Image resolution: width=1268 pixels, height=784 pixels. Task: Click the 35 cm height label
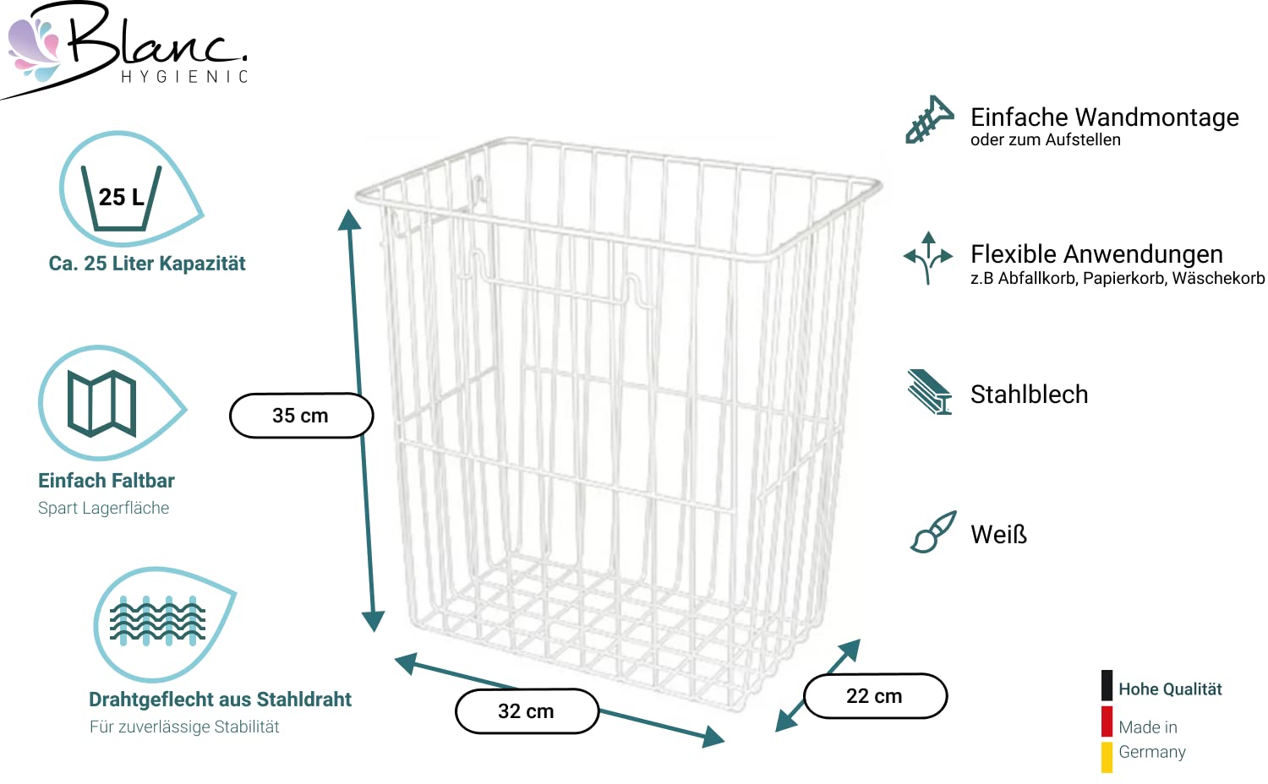[x=301, y=416]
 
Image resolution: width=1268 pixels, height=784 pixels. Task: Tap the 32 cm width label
[x=527, y=711]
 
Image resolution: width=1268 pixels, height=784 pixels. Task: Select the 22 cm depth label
[x=875, y=696]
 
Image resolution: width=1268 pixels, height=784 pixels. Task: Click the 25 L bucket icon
[x=121, y=198]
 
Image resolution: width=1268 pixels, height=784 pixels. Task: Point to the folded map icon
[x=102, y=403]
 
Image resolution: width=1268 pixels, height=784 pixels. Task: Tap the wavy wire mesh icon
[x=157, y=621]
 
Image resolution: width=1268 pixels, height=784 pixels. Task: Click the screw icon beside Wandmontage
[x=928, y=119]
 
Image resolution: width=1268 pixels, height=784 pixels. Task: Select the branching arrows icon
[x=928, y=258]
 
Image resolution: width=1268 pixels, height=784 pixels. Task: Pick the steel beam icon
[x=930, y=392]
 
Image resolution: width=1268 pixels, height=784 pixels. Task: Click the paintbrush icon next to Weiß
[x=933, y=531]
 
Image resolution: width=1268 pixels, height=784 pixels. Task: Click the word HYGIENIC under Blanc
[x=184, y=77]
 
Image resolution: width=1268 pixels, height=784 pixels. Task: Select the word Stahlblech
[x=1029, y=395]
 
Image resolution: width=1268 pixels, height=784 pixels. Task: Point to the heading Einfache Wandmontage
[x=1104, y=117]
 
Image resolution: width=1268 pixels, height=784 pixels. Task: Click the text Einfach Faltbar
[x=107, y=480]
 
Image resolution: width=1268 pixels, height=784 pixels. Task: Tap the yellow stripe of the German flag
[x=1107, y=757]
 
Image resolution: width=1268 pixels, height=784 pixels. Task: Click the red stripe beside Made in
[x=1107, y=721]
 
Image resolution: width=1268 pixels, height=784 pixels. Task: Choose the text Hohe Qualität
[x=1170, y=689]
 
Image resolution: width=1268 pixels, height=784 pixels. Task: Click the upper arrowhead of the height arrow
[x=349, y=220]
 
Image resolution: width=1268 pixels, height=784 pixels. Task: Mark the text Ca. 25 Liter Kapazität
[x=147, y=264]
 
